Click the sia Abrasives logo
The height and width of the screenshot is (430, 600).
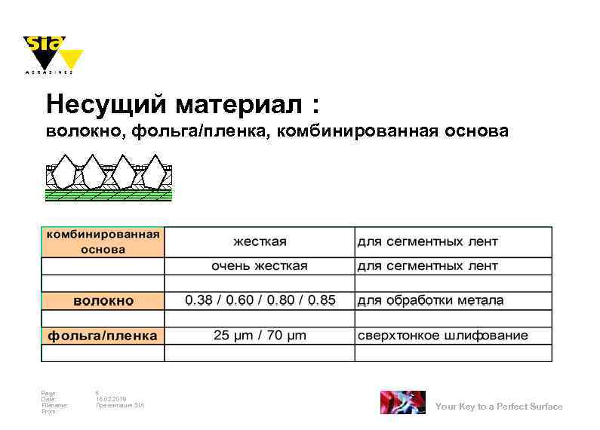[52, 54]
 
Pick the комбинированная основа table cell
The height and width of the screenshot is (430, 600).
[103, 241]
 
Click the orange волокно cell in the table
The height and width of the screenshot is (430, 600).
[103, 300]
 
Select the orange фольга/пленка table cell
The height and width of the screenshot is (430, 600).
[103, 335]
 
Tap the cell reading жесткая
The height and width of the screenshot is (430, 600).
[260, 241]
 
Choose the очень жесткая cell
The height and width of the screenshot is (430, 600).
[260, 266]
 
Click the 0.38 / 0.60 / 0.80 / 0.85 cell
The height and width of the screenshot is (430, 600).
[260, 300]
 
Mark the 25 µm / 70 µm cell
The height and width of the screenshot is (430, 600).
[260, 335]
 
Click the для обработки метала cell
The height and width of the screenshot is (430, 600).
[430, 300]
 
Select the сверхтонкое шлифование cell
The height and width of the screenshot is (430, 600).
[442, 335]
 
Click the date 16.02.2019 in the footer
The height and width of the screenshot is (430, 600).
[111, 398]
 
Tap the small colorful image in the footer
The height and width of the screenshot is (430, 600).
[402, 402]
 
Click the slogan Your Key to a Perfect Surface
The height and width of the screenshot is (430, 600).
[499, 407]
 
